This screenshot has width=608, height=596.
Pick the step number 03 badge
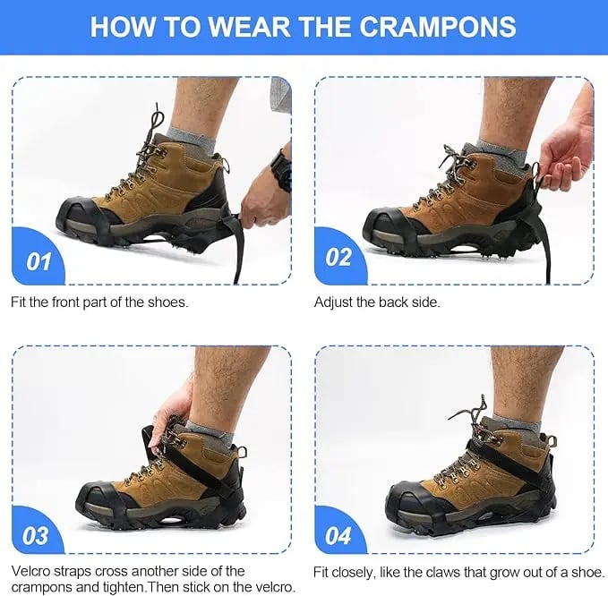click(x=36, y=536)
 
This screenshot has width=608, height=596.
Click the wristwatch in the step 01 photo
click(x=283, y=170)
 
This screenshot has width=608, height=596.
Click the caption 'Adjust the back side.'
click(x=377, y=302)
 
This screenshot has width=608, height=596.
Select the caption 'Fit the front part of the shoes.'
click(x=99, y=302)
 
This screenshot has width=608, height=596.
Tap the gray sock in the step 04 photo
click(x=518, y=415)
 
